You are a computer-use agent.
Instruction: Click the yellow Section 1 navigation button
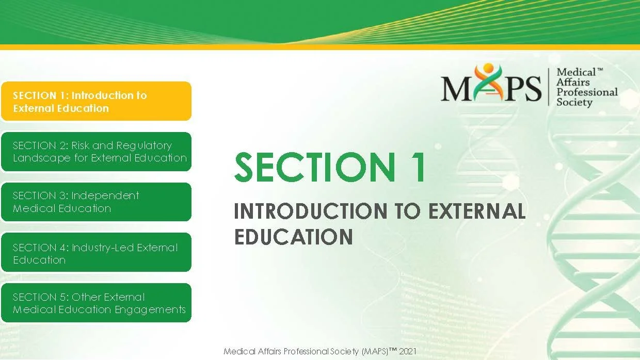(x=95, y=101)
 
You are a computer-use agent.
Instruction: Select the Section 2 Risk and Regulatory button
(x=95, y=152)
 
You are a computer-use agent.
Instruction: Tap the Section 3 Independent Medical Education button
(x=95, y=202)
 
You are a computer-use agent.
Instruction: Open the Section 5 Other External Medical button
(x=95, y=303)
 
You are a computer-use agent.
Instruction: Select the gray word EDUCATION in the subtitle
(x=293, y=237)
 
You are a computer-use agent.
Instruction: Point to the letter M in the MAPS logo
(x=454, y=89)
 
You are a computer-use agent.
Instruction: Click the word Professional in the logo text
(x=587, y=92)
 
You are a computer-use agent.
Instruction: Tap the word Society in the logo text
(x=574, y=102)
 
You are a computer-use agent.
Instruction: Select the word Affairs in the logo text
(x=573, y=83)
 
